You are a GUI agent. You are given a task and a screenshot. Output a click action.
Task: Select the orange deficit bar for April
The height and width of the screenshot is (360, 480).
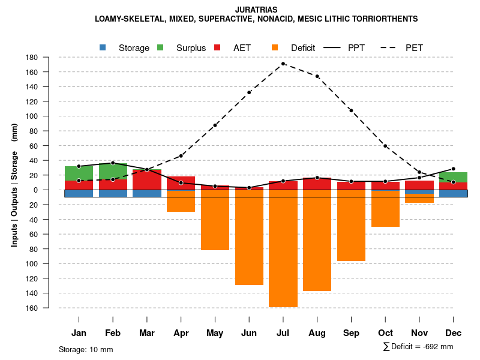click(181, 201)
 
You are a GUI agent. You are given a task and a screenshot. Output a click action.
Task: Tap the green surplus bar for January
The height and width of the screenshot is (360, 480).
click(79, 173)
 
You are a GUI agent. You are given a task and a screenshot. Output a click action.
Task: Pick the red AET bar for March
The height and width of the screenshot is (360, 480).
click(147, 179)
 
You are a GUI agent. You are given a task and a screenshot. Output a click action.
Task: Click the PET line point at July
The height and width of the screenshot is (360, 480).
click(283, 64)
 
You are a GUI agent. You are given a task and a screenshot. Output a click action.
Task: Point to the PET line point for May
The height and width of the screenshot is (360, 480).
click(215, 125)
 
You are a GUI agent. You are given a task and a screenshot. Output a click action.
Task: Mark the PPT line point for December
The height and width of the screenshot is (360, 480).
click(454, 169)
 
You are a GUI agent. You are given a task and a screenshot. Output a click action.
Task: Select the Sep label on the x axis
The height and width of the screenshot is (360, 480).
click(352, 333)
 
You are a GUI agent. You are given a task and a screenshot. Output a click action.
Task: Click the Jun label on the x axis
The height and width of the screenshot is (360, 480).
click(249, 333)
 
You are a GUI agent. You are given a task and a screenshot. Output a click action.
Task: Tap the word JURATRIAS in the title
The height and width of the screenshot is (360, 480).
click(256, 10)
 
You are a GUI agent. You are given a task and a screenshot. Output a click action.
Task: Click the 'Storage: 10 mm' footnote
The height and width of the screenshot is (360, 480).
click(86, 349)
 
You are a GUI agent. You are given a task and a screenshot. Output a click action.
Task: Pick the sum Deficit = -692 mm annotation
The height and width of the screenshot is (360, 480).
click(418, 347)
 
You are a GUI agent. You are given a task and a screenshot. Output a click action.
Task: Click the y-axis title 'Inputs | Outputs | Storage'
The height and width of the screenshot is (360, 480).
click(14, 201)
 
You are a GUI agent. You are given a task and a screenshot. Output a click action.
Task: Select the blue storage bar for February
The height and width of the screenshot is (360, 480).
click(113, 193)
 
